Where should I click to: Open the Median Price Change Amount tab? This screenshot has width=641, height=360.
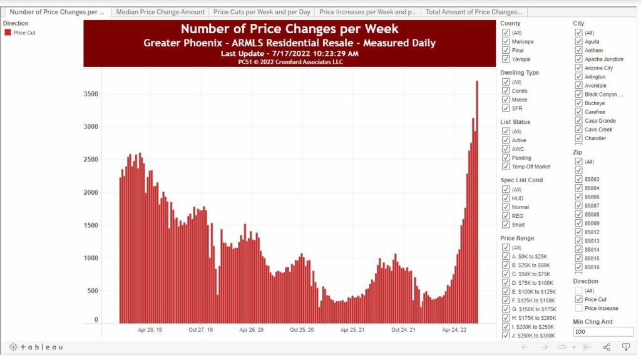coord(160,12)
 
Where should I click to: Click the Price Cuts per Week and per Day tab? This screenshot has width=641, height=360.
coord(262,12)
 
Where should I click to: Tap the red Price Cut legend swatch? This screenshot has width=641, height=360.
coord(8,33)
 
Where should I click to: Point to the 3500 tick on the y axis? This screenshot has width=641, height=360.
coord(91,94)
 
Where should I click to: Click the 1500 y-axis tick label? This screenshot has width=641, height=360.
coord(91,225)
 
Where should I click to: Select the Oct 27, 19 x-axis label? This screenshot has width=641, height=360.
coord(200,329)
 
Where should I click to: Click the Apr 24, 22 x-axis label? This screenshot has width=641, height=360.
coord(454,329)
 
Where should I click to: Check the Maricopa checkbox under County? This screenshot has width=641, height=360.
coord(506,41)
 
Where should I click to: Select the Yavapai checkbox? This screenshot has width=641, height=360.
coord(506,59)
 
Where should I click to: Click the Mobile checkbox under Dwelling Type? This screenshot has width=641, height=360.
coord(506,100)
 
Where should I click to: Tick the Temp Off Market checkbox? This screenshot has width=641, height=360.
coord(506,167)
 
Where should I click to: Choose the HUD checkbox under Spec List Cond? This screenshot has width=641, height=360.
coord(506,198)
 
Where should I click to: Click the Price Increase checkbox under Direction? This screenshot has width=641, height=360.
coord(579,308)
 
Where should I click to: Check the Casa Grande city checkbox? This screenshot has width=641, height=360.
coord(579,121)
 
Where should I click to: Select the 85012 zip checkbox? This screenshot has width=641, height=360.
coord(579,232)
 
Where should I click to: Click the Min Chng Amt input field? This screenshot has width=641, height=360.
coord(603,332)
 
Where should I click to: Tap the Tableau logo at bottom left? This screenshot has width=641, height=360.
coord(36,347)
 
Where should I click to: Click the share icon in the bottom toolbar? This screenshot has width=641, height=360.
coord(607,347)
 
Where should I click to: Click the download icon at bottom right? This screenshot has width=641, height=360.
coord(625,347)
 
